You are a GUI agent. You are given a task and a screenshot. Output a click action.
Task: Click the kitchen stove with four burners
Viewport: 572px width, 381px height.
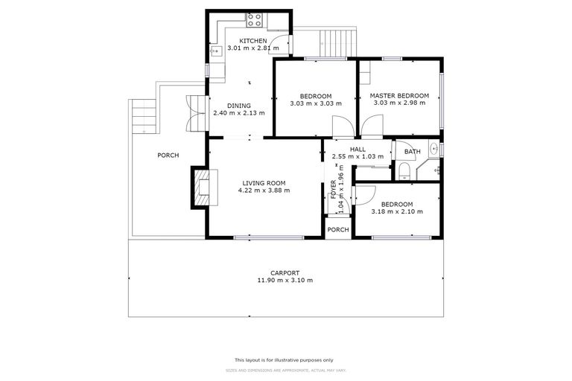(x=255, y=20)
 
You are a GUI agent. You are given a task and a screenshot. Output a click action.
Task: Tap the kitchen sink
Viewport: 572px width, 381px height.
(x=216, y=51)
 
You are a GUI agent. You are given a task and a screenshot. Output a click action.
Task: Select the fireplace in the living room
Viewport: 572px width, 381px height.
(x=201, y=186)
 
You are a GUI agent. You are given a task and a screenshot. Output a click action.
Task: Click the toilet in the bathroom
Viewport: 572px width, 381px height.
(x=404, y=173)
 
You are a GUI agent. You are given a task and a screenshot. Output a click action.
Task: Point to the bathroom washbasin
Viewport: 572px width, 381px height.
(x=433, y=167)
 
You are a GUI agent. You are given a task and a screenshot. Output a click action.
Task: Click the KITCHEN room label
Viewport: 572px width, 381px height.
(x=252, y=40)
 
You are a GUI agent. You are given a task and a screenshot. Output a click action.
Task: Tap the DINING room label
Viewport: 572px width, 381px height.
(x=238, y=106)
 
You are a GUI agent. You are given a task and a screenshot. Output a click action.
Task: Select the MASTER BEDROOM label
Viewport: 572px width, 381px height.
(x=399, y=96)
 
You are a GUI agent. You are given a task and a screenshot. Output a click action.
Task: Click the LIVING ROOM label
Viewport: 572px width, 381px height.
(x=264, y=182)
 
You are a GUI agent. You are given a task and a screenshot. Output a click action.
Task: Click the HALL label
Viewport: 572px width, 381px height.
(x=357, y=149)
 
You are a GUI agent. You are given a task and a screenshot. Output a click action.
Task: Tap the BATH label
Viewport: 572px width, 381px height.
(x=412, y=152)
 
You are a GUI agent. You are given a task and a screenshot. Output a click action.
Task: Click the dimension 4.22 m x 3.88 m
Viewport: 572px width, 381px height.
(x=264, y=190)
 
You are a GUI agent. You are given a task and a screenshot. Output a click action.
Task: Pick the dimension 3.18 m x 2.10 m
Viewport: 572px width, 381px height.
(x=397, y=212)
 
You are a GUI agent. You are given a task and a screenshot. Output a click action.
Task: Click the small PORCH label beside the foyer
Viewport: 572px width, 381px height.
(x=338, y=229)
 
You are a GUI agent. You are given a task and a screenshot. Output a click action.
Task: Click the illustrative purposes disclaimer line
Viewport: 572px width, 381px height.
(x=286, y=359)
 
